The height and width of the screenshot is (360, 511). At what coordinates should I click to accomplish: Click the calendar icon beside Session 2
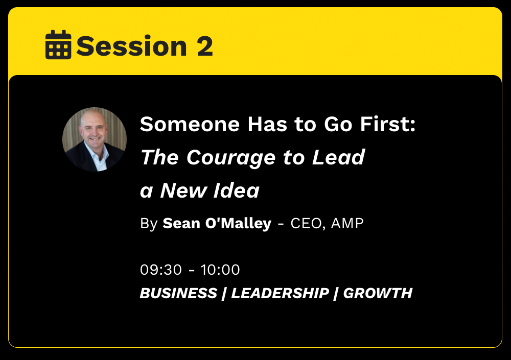(x=58, y=45)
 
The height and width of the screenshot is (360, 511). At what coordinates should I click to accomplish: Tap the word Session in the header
(x=132, y=46)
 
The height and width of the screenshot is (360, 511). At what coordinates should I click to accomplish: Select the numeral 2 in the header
(x=205, y=46)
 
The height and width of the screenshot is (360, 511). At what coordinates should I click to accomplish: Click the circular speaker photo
(x=95, y=139)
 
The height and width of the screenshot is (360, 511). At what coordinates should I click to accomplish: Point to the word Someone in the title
(x=190, y=124)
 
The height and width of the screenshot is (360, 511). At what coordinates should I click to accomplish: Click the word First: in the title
(x=387, y=124)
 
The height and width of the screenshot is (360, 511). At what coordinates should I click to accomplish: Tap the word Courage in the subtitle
(x=231, y=158)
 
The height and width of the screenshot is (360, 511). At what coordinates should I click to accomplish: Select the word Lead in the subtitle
(x=338, y=157)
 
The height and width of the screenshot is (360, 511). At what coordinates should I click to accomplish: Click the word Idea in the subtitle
(x=236, y=190)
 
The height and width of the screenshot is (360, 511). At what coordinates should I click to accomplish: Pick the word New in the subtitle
(x=184, y=190)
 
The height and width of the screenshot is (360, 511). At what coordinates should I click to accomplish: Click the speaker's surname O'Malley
(x=238, y=224)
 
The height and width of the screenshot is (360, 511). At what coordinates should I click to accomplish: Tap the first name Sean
(x=181, y=224)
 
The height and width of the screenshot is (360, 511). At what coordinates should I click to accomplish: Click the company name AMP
(x=347, y=224)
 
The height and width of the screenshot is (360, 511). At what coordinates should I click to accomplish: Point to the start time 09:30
(x=161, y=270)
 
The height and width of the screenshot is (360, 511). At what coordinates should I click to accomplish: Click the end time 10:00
(x=220, y=270)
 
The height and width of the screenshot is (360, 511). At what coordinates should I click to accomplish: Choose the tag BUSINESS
(x=178, y=293)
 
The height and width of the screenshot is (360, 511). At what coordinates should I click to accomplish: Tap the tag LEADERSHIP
(x=280, y=293)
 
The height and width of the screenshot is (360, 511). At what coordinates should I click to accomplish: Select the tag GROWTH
(x=378, y=293)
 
